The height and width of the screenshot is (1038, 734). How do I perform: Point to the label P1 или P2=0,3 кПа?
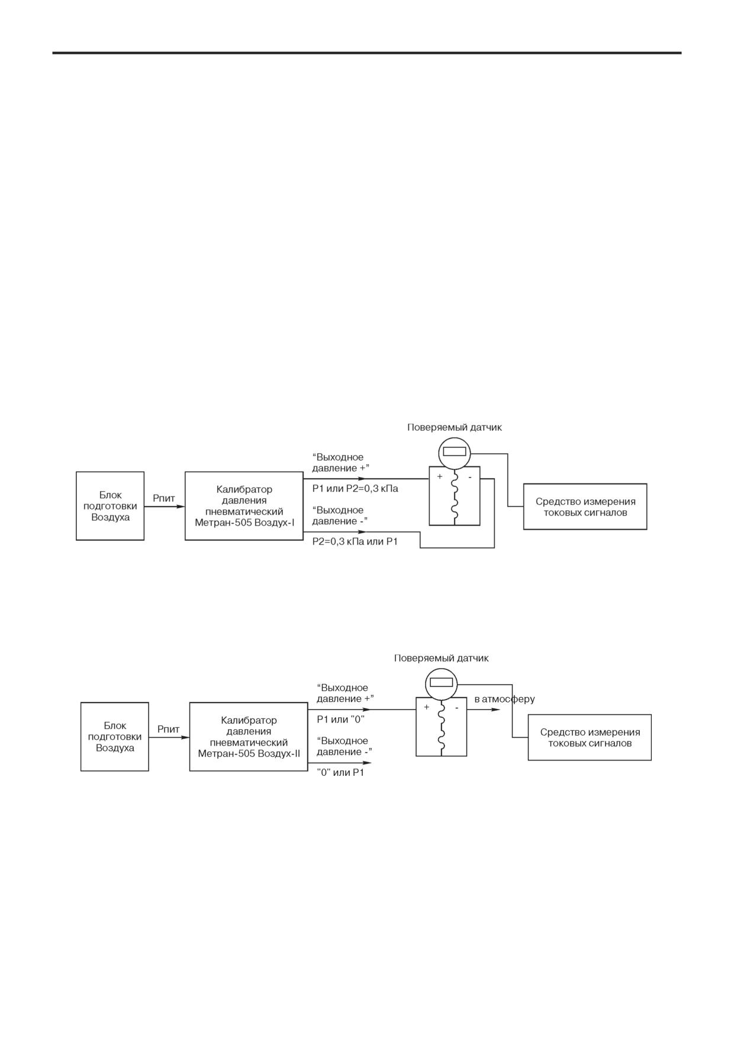tap(355, 489)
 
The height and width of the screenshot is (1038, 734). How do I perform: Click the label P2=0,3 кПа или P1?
tap(355, 541)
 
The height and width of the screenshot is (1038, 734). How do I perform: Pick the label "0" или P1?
tap(341, 772)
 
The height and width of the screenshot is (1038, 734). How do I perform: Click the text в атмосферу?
tap(504, 699)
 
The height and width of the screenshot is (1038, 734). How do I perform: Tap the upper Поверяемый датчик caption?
tap(455, 427)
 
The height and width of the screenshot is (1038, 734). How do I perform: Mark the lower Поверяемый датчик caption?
tap(442, 658)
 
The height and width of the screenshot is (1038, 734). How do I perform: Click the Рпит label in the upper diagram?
tap(164, 498)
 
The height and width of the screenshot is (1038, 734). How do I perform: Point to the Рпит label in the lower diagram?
tap(169, 729)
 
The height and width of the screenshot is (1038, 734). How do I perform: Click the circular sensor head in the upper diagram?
tap(455, 452)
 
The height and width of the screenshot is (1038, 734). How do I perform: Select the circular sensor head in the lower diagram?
tap(442, 683)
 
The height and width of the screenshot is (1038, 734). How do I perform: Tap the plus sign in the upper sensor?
tap(440, 476)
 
